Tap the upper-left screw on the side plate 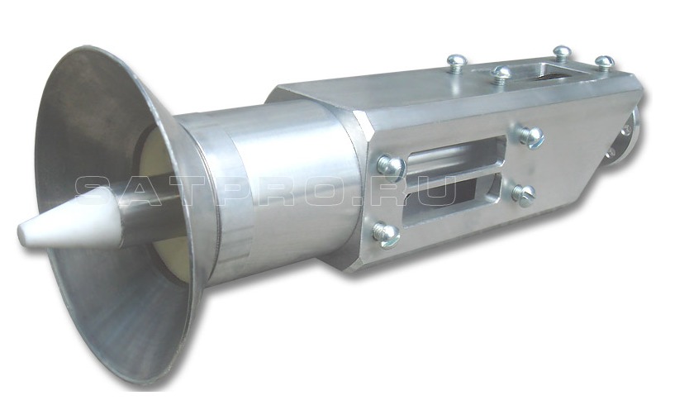click(x=391, y=167)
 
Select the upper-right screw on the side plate click(x=530, y=136)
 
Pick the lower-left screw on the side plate click(x=385, y=232)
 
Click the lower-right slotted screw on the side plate click(x=524, y=194)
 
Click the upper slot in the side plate click(x=456, y=156)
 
